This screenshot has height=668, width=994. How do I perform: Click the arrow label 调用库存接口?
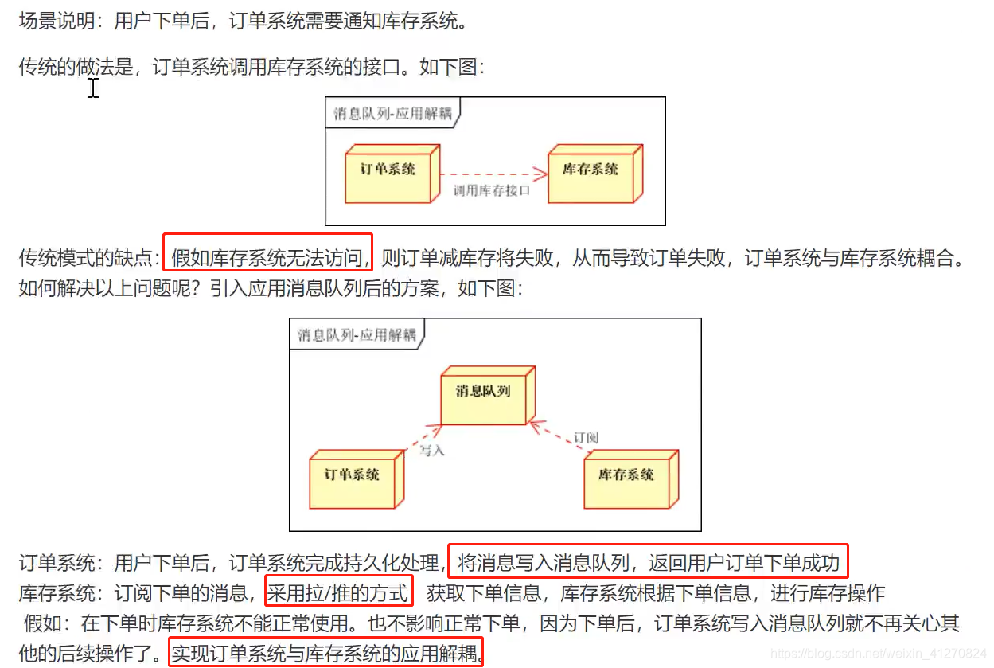[491, 191]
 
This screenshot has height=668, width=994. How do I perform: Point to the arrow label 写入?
[432, 451]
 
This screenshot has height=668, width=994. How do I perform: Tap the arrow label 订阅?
[586, 437]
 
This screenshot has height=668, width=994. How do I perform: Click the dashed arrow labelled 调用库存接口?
[493, 173]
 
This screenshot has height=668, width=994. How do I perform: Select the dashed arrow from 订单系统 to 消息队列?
[423, 438]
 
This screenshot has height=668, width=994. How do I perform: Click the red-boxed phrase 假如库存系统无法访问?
[268, 258]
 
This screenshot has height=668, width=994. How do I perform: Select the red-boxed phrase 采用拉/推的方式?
[338, 592]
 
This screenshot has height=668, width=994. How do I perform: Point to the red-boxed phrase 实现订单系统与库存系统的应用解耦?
[326, 654]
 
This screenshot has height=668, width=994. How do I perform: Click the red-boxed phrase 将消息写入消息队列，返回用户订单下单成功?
[648, 564]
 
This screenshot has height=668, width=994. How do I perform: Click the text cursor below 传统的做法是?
[93, 88]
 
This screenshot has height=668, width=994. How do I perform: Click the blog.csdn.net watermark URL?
[879, 654]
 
